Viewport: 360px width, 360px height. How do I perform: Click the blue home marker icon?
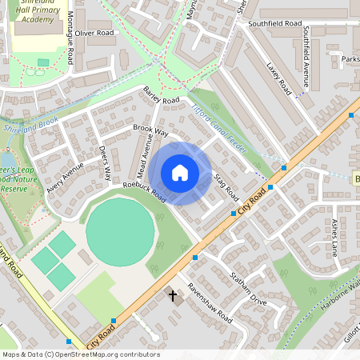click(x=180, y=173)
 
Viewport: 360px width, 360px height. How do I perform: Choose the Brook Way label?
click(x=150, y=130)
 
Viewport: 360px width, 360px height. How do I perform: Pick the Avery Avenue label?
click(x=65, y=177)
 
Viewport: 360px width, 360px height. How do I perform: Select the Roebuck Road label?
click(x=145, y=191)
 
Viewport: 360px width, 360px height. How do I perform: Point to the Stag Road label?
click(x=226, y=184)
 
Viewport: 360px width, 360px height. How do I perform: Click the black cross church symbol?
click(x=172, y=296)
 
